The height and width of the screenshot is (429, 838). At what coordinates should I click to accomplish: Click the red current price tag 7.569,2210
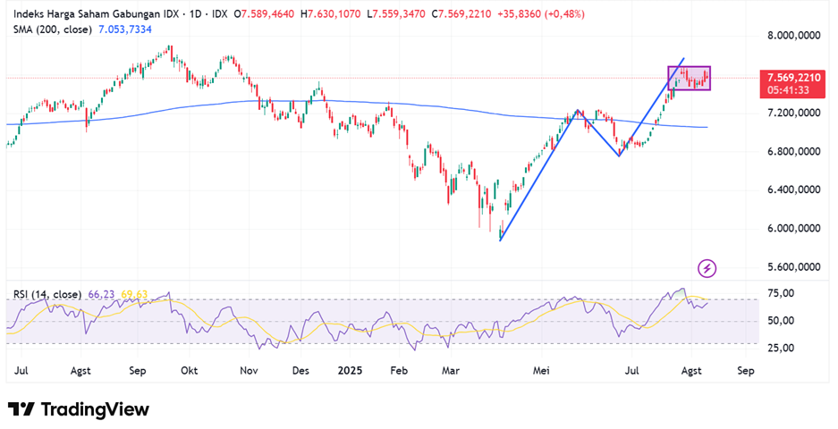point(788,78)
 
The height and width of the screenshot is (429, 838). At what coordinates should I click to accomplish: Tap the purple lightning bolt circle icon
point(707,267)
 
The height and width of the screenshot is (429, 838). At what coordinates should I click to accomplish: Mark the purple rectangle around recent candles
point(689,78)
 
